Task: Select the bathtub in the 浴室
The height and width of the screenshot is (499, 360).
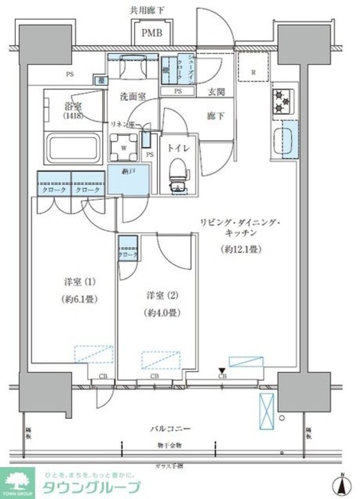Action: click(71, 146)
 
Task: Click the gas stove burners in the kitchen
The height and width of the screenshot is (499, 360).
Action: click(282, 102)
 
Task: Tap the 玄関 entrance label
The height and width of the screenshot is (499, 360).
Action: click(217, 92)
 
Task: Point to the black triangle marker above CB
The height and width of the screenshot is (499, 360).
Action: click(222, 369)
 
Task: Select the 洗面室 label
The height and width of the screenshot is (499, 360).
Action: click(129, 96)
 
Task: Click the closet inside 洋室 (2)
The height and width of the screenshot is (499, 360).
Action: click(128, 249)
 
